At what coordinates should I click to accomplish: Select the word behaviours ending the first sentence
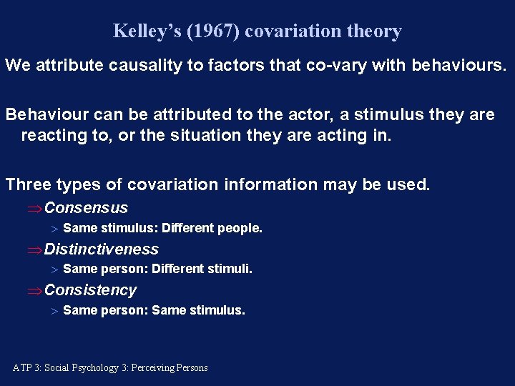[x=458, y=66]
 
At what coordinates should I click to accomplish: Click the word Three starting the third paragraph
[x=29, y=184]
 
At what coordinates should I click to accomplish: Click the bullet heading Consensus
[x=86, y=208]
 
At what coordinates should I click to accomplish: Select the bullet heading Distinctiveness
[x=101, y=249]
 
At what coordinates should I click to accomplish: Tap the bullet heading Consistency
[x=90, y=290]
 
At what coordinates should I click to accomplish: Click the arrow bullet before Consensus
[x=34, y=209]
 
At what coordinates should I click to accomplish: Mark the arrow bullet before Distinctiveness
[x=34, y=250]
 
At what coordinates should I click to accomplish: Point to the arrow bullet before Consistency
[x=34, y=291]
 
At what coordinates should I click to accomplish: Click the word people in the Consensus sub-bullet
[x=242, y=229]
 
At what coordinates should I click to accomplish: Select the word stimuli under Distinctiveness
[x=230, y=269]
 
